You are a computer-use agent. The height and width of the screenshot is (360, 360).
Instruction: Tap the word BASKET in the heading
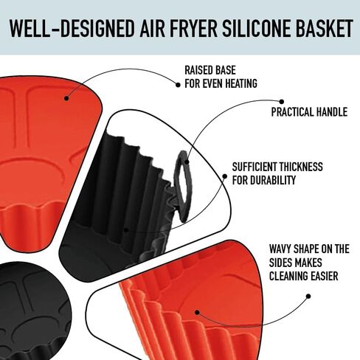[x=325, y=28]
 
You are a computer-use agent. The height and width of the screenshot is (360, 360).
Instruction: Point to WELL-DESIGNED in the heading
[x=72, y=28]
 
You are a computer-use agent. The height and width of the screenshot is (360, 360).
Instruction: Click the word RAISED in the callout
[x=198, y=70]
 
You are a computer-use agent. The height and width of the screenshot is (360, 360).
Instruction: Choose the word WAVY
[x=280, y=249]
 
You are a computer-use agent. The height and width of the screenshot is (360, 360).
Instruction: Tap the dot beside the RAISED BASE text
[x=178, y=85]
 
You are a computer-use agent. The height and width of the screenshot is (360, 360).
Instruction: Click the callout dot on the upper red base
[x=66, y=98]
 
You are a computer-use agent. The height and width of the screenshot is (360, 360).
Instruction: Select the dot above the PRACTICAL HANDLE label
[x=282, y=102]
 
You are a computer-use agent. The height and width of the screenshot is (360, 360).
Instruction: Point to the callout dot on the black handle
[x=187, y=162]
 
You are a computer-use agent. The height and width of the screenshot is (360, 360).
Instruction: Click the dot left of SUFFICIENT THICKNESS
[x=224, y=176]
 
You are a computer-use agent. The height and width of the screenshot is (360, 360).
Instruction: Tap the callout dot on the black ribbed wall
[x=126, y=230]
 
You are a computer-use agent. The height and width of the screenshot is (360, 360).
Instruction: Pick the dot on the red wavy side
[x=197, y=312]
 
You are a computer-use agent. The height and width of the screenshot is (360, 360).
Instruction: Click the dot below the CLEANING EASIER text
[x=308, y=297]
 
